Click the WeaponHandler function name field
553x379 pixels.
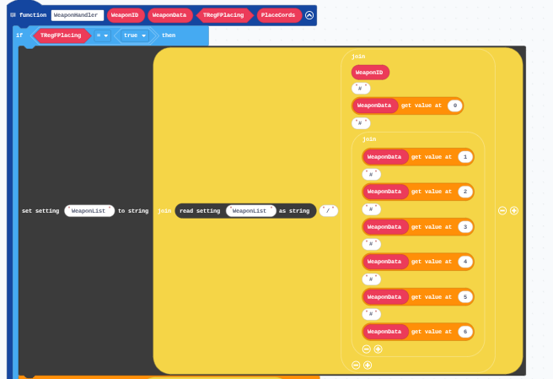coord(78,15)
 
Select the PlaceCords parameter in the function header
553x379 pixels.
coord(279,15)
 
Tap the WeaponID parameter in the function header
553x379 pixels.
coord(126,15)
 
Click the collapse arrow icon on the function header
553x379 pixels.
coord(309,15)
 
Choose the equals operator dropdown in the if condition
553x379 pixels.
coord(102,35)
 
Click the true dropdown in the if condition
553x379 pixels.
coord(135,35)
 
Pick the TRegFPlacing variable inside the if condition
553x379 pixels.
coord(61,35)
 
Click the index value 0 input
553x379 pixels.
coord(455,106)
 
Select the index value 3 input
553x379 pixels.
coord(465,227)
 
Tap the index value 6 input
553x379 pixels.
coord(465,332)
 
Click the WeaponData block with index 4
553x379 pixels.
coord(385,262)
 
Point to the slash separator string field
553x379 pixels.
coord(329,211)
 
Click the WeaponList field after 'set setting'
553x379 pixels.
coord(89,211)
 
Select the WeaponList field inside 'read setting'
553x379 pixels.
coord(250,211)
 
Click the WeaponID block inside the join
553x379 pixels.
coord(370,73)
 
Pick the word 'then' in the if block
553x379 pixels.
coord(169,35)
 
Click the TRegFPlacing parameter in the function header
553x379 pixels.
coord(223,15)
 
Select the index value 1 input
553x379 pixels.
coord(465,157)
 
